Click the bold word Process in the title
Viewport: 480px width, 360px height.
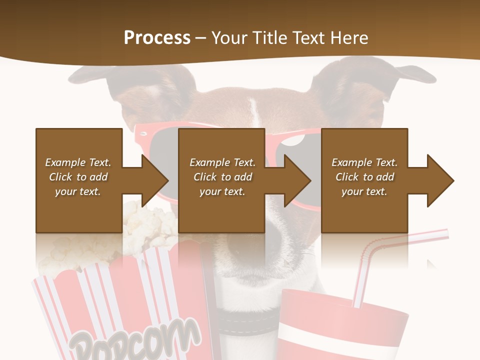[x=157, y=37]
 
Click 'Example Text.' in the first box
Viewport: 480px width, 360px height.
[x=78, y=162]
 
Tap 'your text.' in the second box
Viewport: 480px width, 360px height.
[x=222, y=191]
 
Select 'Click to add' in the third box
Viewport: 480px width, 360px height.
[x=365, y=177]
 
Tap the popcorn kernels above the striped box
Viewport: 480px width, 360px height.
[x=150, y=220]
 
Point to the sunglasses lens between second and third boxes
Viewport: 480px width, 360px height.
[x=295, y=142]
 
